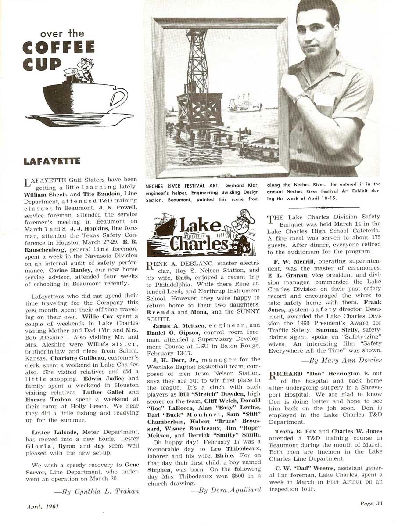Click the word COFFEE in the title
58,47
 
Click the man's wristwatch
300,96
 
